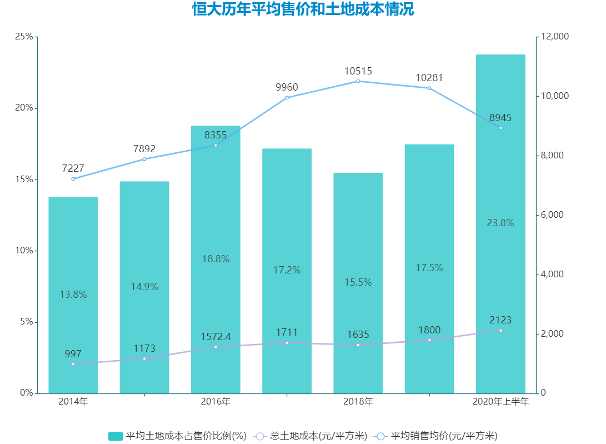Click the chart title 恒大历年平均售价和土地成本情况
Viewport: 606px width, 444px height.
pos(303,10)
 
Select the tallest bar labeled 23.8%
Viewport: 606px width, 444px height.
pos(500,222)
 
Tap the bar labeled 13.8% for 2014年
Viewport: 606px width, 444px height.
pos(73,295)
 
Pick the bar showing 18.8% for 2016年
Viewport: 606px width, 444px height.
pos(216,258)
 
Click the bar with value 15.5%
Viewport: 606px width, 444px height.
pos(358,282)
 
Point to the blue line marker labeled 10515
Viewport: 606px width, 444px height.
pos(358,81)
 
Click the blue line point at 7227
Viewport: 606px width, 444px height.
pos(73,178)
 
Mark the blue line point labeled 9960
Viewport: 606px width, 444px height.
pos(287,98)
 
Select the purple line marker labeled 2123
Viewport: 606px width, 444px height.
pos(500,331)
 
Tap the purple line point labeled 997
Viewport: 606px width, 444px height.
pos(73,364)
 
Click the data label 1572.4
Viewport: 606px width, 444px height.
pos(216,337)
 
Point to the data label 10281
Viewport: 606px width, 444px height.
pos(429,78)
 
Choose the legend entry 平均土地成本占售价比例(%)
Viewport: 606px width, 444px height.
pos(177,436)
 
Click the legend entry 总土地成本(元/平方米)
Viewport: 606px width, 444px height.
pos(310,436)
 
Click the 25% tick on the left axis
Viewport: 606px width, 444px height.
pos(23,37)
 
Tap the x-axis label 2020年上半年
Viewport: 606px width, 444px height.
pos(500,402)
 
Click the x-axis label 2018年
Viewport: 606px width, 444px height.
pos(358,402)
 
